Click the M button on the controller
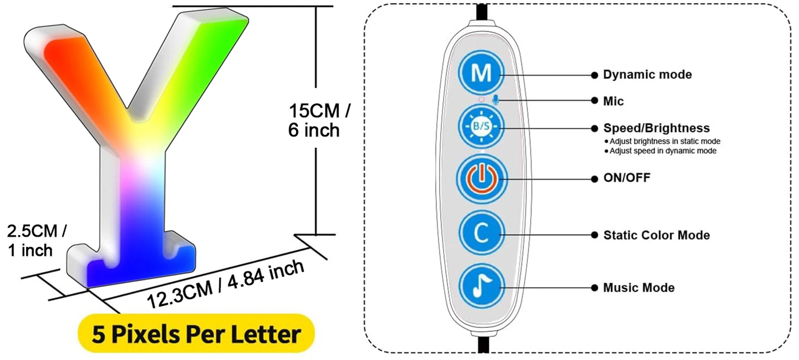click(x=481, y=74)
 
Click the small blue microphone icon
click(x=496, y=100)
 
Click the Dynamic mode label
click(x=647, y=75)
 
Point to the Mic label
click(x=613, y=101)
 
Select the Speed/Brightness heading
click(x=656, y=128)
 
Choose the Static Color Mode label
click(x=656, y=235)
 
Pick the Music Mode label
click(x=639, y=288)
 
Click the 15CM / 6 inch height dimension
click(x=319, y=120)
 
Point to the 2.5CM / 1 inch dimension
click(x=36, y=240)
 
